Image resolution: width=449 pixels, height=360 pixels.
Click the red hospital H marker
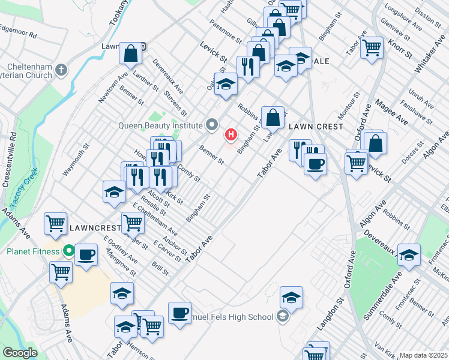click(229, 134)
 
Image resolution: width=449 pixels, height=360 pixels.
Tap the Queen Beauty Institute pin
click(211, 125)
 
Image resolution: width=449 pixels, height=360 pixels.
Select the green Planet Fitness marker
click(69, 251)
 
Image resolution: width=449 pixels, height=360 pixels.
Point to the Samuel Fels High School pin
click(282, 316)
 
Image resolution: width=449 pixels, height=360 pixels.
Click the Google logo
click(20, 353)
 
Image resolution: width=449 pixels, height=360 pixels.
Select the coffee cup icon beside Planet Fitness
click(87, 255)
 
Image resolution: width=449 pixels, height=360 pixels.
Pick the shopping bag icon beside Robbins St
click(273, 117)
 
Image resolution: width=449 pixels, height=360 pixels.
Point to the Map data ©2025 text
click(423, 355)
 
